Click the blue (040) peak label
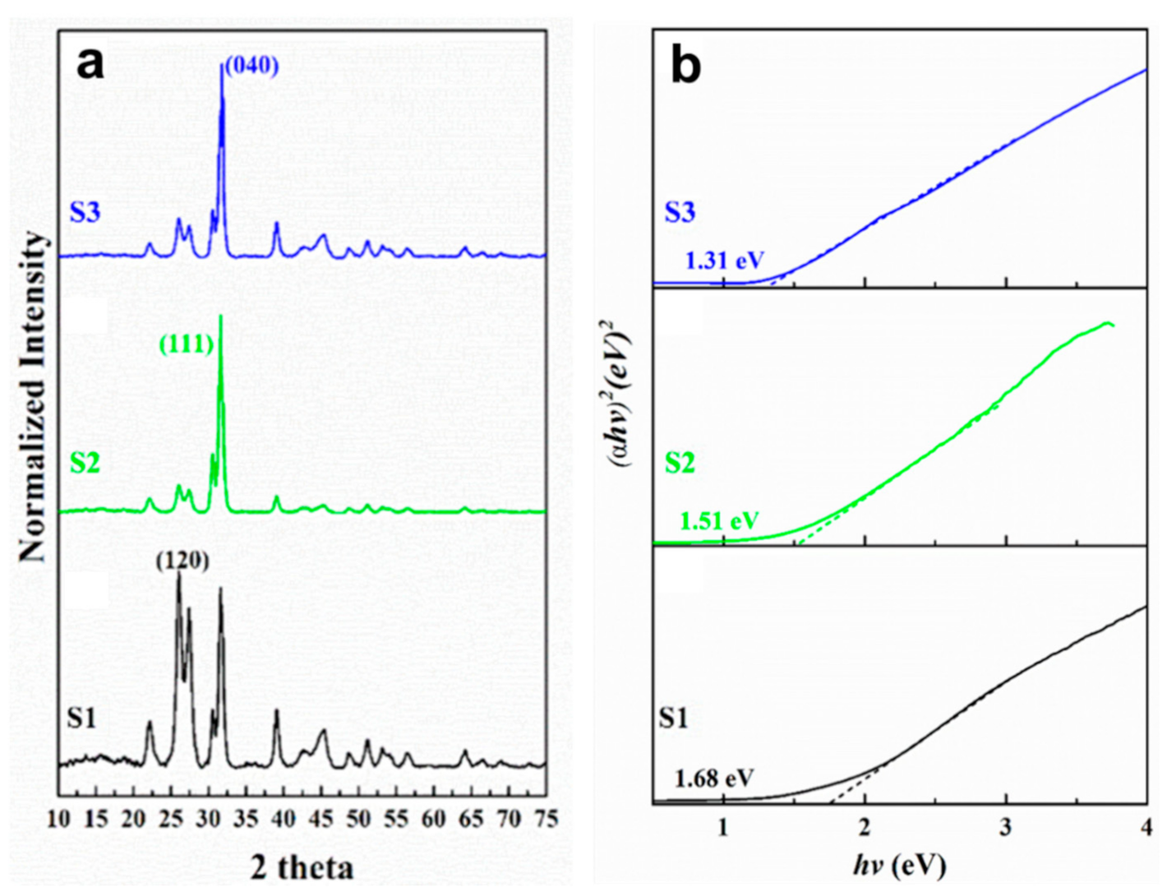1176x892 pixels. (x=251, y=65)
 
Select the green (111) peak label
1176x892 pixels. (x=186, y=344)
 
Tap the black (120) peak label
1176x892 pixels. (x=182, y=560)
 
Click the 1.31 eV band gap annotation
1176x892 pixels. (x=724, y=261)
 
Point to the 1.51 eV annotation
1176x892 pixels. (x=719, y=520)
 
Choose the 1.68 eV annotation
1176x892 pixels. (x=714, y=778)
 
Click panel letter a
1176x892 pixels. (x=90, y=62)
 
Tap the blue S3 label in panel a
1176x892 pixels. (x=85, y=212)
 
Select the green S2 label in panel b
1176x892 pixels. (x=679, y=463)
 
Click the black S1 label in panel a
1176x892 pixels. (x=81, y=719)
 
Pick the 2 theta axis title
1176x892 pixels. (x=302, y=867)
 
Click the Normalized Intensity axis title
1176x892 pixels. (x=34, y=396)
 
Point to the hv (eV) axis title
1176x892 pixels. (x=899, y=865)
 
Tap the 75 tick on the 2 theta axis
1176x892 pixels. (x=545, y=820)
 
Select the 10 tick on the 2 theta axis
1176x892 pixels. (x=59, y=820)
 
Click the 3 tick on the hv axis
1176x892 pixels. (x=1005, y=827)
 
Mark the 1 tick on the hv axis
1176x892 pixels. (x=723, y=827)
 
